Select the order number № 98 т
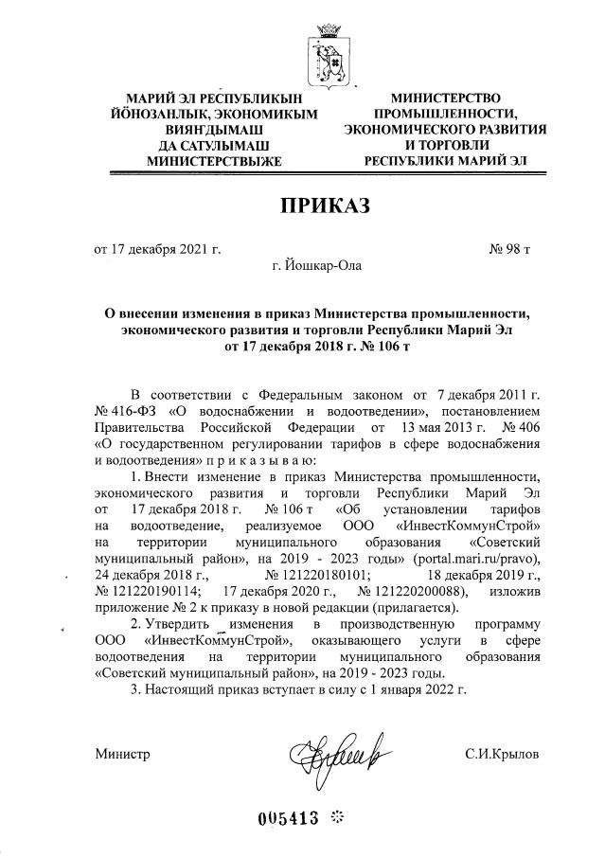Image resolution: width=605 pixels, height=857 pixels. click(x=508, y=249)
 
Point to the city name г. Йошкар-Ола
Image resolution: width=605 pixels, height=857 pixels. click(x=315, y=265)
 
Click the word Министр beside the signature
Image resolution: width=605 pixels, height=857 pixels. click(x=122, y=754)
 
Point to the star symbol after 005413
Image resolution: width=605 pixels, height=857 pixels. click(x=335, y=819)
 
